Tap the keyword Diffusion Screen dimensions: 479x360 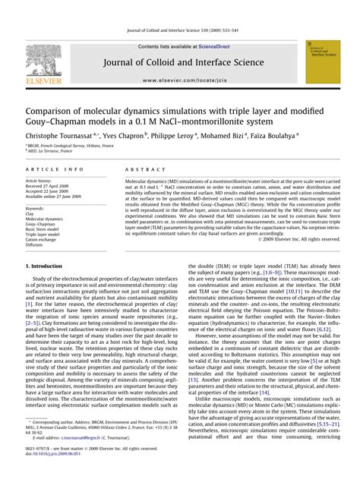pos(36,246)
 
